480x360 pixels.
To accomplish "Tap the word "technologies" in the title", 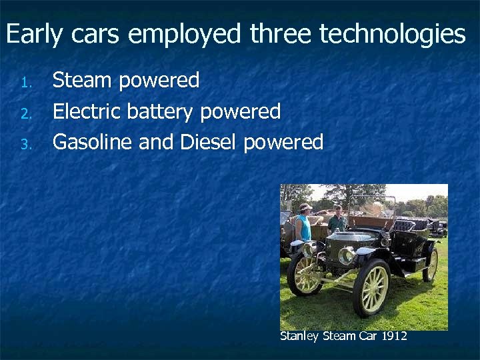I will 392,34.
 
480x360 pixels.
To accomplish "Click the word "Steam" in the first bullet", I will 82,81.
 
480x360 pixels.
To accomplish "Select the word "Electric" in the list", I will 85,111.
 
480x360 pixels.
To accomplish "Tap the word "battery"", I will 160,111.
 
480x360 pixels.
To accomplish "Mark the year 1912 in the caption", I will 394,336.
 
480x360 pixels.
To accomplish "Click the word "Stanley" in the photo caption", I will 299,336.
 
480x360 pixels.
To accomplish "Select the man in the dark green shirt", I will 338,222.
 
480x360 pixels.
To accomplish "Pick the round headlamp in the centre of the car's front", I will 347,255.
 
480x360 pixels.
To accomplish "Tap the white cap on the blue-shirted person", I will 305,207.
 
